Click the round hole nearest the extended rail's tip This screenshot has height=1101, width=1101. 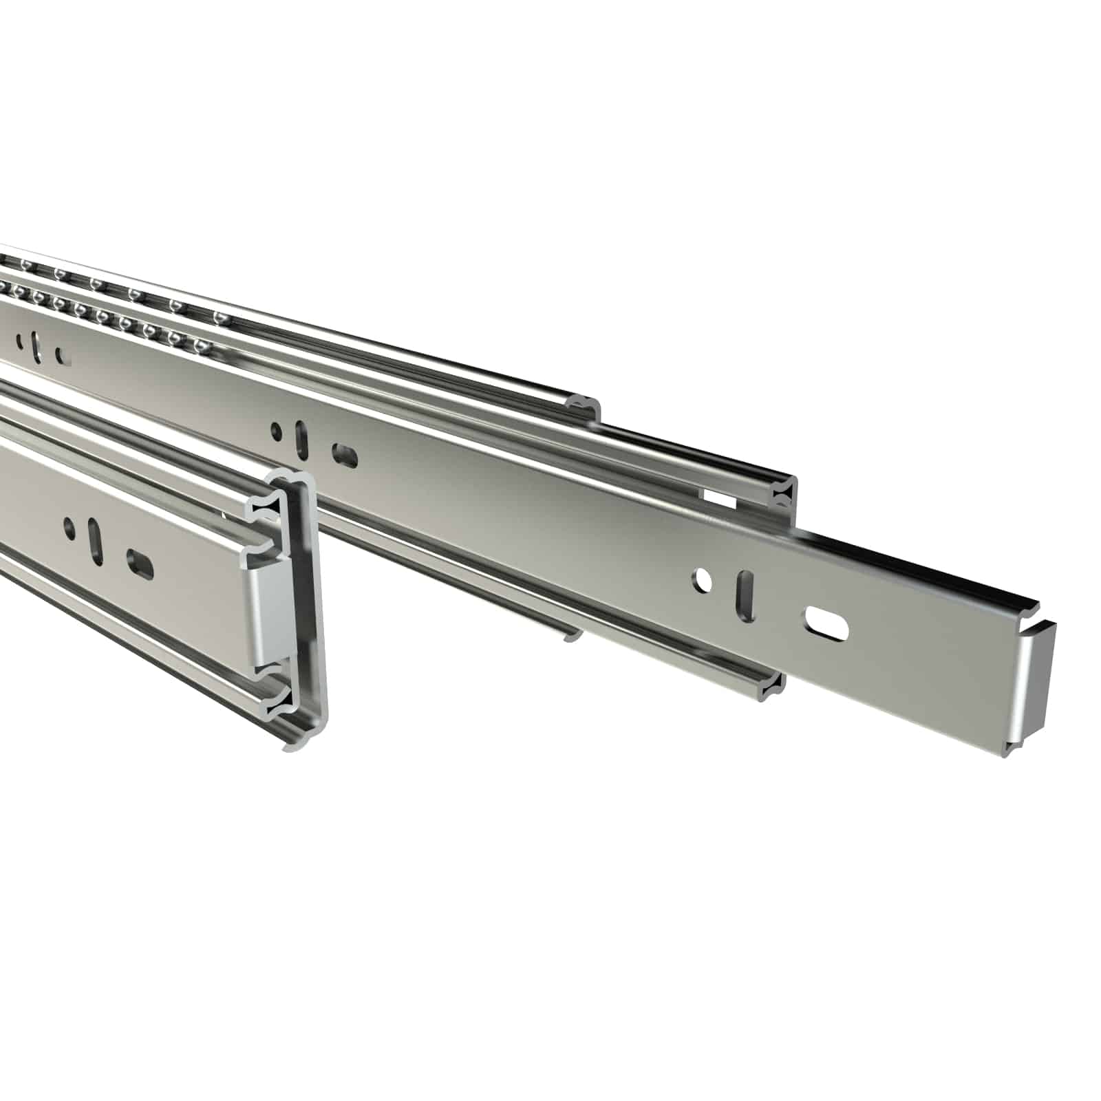(703, 581)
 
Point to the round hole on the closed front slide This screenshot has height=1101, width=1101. (70, 527)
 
